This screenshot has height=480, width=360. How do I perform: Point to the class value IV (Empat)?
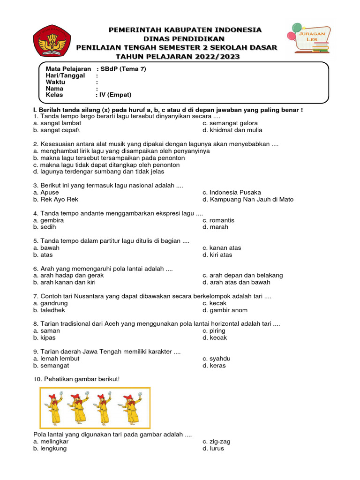110,95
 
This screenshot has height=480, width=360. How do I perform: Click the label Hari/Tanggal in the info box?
65,75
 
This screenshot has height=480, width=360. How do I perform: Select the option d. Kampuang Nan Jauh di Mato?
248,199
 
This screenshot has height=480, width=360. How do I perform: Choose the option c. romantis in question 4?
218,220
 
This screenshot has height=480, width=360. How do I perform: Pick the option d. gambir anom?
225,310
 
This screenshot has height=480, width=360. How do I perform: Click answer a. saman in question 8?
46,330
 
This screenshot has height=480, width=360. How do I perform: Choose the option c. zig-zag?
217,441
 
